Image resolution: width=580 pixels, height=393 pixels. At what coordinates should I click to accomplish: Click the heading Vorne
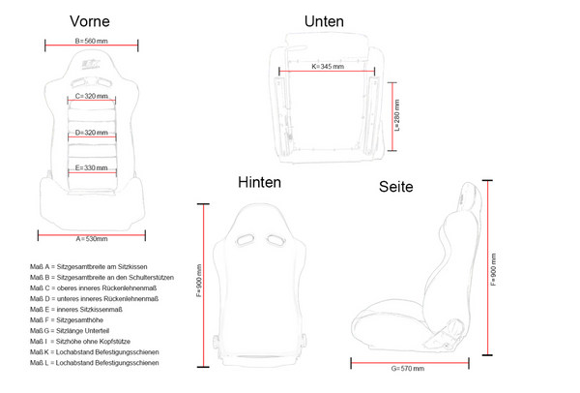90,21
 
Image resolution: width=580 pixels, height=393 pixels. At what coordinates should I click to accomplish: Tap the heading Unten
324,21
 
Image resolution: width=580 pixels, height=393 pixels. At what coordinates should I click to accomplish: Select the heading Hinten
259,182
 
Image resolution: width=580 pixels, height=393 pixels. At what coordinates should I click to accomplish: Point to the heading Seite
395,187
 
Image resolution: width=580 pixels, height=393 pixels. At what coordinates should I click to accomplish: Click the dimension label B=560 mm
92,41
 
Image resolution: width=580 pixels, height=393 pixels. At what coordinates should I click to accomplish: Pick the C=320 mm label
92,96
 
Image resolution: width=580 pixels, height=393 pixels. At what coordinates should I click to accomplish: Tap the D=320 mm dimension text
92,133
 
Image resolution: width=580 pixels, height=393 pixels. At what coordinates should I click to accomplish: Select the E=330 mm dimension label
92,167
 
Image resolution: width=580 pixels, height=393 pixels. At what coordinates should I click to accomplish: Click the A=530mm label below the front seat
92,239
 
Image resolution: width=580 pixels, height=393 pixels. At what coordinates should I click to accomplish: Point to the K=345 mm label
328,66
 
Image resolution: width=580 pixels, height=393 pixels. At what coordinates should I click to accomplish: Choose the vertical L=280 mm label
397,115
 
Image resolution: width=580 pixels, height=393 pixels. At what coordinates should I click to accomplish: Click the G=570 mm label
408,369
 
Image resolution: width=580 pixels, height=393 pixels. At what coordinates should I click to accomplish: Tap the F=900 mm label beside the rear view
199,281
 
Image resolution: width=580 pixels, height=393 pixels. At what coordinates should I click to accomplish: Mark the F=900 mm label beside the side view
493,270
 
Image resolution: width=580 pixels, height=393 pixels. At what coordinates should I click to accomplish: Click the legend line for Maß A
88,267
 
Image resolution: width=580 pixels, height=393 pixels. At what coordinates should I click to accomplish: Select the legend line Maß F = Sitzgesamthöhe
67,320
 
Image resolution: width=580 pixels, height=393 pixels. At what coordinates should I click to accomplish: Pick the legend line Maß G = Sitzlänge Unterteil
70,331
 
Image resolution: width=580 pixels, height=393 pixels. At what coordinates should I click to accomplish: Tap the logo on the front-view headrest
91,64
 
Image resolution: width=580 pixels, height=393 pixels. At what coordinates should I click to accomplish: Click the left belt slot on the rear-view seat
245,240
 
